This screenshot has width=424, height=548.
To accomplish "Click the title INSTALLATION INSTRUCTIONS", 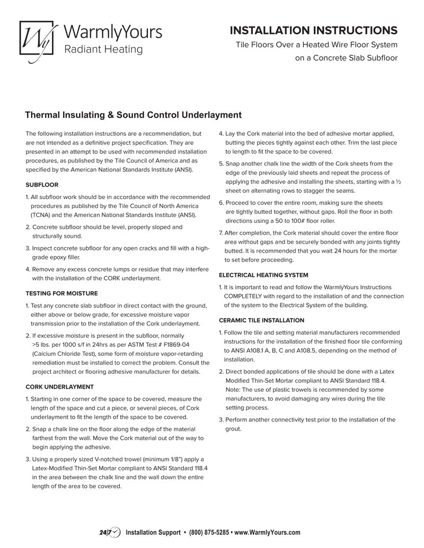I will click(314, 30).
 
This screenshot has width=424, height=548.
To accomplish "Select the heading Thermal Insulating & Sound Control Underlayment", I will click(134, 115).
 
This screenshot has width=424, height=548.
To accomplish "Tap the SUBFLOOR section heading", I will click(42, 185).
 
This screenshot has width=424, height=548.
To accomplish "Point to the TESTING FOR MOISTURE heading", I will click(61, 293).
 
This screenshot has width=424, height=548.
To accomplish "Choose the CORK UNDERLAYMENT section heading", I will click(60, 387).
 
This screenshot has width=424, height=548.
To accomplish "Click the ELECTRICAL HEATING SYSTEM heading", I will click(263, 275).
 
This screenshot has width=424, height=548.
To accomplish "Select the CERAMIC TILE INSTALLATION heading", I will click(261, 320).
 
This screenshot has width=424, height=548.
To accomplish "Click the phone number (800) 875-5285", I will click(209, 532).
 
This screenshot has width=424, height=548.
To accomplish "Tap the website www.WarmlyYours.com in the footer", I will click(267, 532).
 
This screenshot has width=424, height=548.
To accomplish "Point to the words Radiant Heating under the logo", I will click(103, 50).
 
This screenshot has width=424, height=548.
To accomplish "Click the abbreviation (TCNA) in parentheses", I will click(40, 215).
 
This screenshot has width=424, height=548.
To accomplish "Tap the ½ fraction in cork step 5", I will click(398, 182).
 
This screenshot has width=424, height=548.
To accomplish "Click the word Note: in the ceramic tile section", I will click(234, 390).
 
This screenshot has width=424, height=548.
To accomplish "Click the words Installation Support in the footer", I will click(153, 532).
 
